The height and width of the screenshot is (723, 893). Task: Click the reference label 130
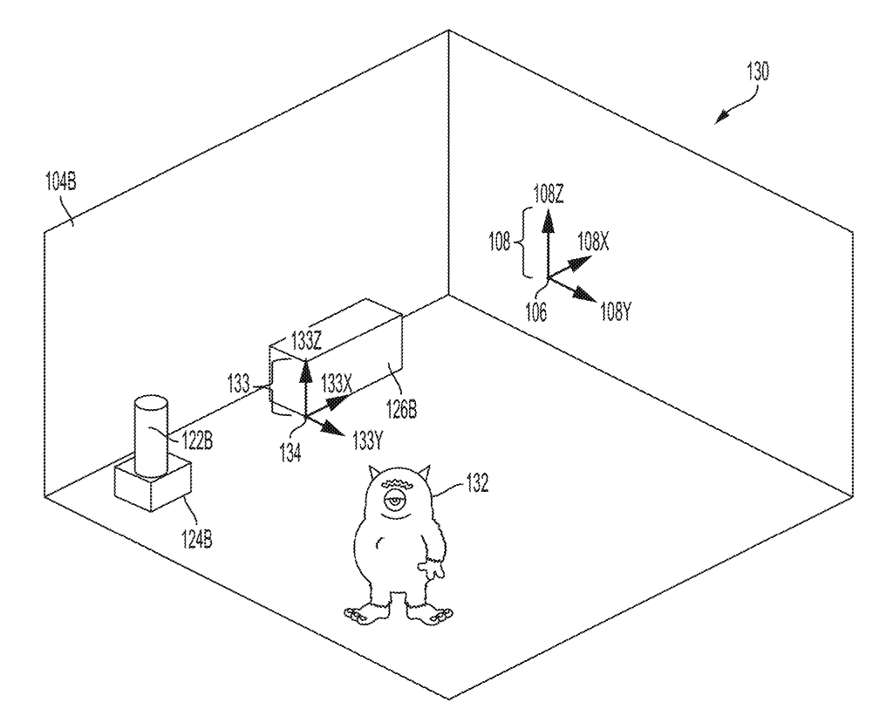[x=756, y=72]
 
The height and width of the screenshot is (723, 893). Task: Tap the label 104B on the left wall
[x=60, y=182]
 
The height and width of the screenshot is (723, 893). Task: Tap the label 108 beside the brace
[x=499, y=242]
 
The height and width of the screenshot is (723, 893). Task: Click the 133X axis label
[x=337, y=382]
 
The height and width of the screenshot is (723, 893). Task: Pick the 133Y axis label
[x=367, y=440]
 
